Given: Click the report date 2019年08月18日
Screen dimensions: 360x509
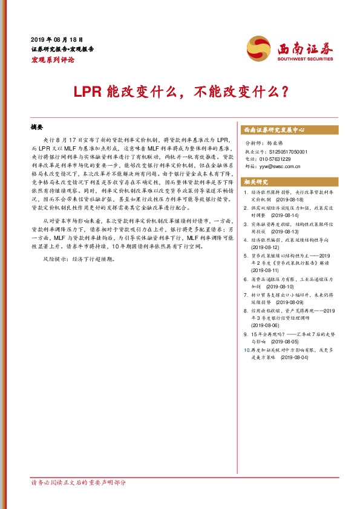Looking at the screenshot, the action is pos(56,38).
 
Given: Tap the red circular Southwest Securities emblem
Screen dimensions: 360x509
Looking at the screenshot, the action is pos(258,47).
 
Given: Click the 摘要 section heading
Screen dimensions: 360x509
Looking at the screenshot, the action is pos(38,129).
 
